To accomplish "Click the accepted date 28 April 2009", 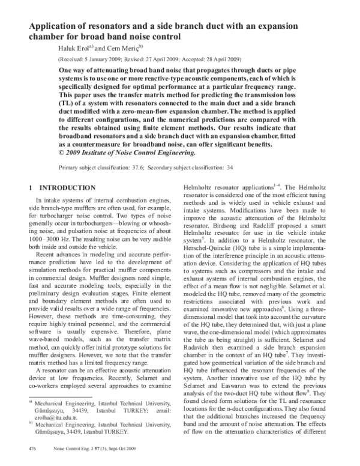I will coord(217,60).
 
